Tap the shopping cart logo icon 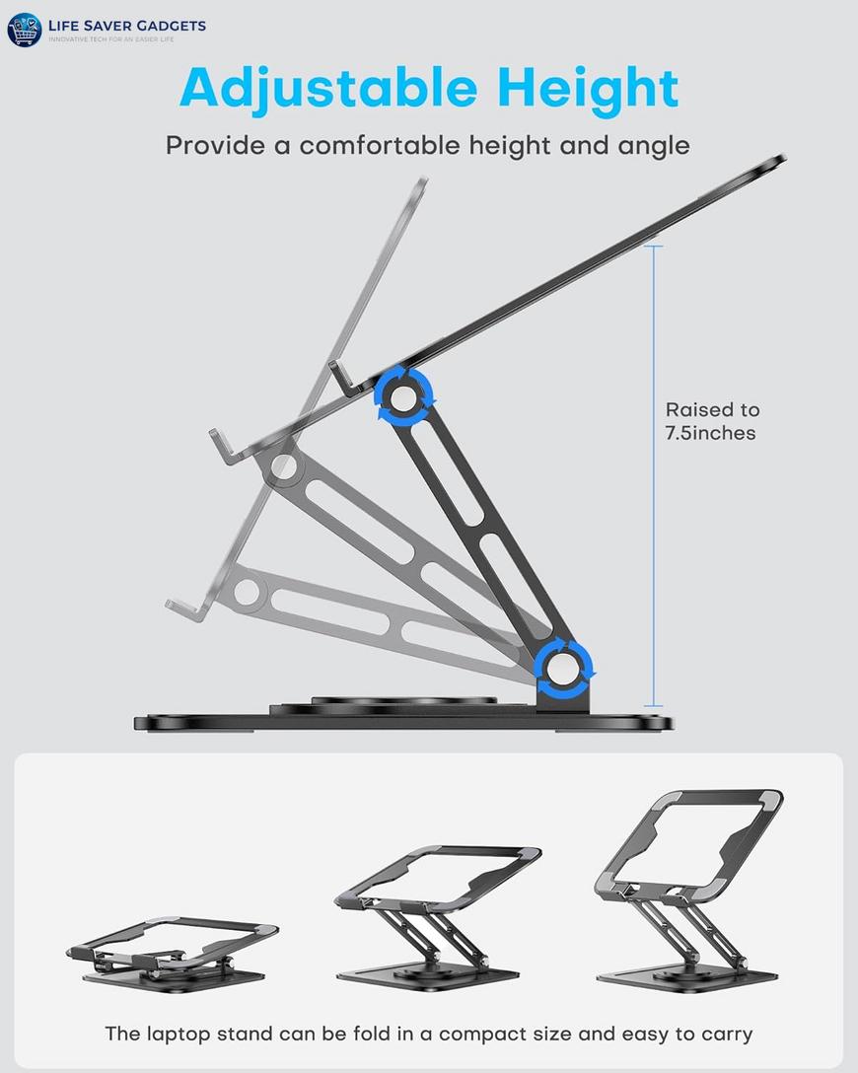click(24, 30)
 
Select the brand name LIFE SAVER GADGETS click(127, 26)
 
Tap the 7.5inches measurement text click(710, 433)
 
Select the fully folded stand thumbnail click(172, 953)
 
